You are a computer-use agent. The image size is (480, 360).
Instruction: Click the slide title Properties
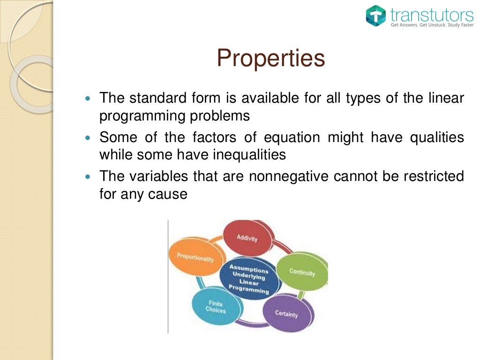(x=270, y=59)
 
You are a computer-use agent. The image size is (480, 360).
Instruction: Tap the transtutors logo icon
(x=375, y=16)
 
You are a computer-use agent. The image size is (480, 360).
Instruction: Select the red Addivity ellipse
(x=247, y=237)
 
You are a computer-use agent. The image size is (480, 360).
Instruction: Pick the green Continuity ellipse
(x=301, y=272)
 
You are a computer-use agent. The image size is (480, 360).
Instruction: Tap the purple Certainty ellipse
(x=286, y=313)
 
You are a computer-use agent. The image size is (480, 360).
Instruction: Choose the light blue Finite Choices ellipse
(x=216, y=307)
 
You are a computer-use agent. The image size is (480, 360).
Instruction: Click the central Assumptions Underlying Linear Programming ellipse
(x=248, y=278)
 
